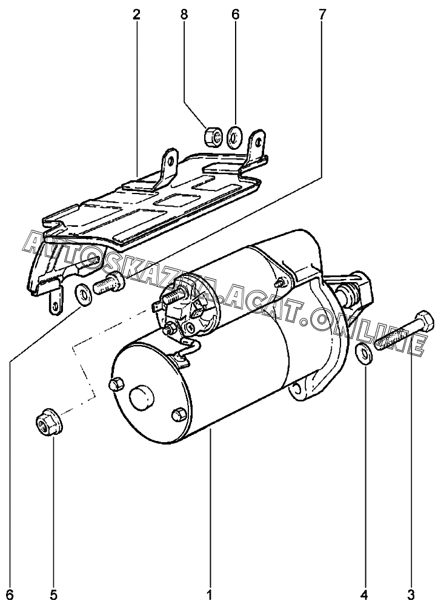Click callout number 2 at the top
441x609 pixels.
point(136,15)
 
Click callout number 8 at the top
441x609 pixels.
point(184,15)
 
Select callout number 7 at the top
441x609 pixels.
point(322,15)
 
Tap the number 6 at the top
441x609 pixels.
point(236,15)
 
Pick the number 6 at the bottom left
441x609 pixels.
point(10,594)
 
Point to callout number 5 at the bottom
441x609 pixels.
point(53,594)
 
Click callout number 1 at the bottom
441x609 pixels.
point(210,594)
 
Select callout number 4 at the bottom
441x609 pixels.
point(364,594)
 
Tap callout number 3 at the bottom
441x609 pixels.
point(411,594)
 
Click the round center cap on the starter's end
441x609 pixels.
point(142,398)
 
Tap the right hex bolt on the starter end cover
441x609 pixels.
point(178,414)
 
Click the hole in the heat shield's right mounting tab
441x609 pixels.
point(258,141)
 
